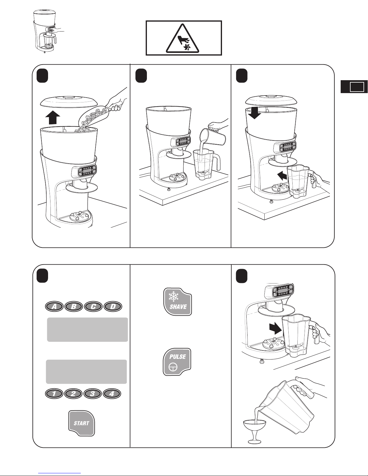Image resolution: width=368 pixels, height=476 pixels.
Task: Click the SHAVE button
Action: point(178,302)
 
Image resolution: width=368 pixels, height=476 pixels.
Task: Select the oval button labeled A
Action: point(54,307)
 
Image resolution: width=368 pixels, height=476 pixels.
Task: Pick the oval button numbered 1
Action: point(54,394)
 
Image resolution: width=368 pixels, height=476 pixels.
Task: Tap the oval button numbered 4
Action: point(112,394)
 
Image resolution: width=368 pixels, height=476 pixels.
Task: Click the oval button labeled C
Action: point(93,307)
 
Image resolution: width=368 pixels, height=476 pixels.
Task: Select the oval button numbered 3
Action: point(93,394)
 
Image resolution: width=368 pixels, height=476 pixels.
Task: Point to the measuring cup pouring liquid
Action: point(213,137)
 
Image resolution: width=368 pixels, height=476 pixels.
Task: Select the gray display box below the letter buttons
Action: point(87,329)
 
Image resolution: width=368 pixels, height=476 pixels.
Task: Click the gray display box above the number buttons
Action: point(86,371)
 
